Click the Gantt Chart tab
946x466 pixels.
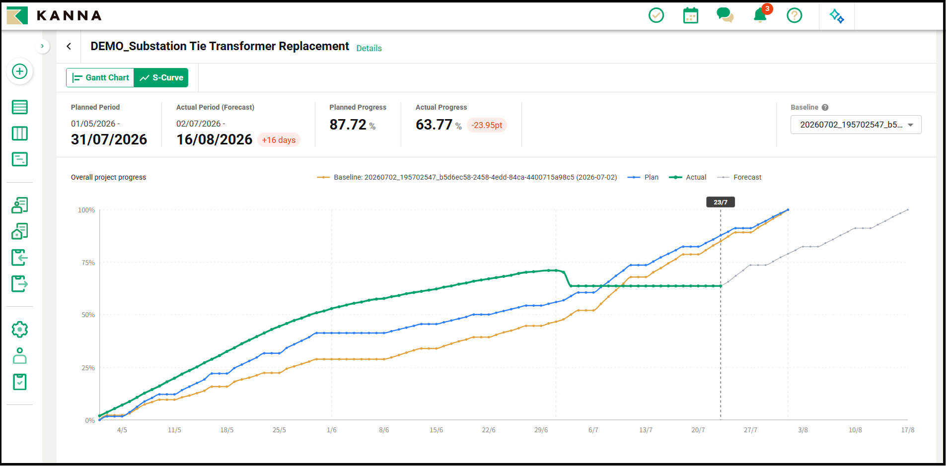click(100, 77)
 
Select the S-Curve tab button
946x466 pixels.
click(161, 77)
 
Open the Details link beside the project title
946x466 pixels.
click(369, 48)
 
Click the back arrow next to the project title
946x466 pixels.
click(69, 46)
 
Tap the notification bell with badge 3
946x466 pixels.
click(760, 15)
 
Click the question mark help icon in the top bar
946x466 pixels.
click(795, 15)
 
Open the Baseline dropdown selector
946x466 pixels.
click(856, 125)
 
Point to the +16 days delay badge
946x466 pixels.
click(279, 140)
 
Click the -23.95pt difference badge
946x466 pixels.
click(487, 125)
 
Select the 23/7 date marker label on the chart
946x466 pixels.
click(721, 202)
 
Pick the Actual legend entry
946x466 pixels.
click(688, 177)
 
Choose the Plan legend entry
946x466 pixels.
click(643, 177)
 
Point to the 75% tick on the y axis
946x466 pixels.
click(88, 263)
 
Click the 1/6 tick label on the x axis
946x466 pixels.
click(332, 430)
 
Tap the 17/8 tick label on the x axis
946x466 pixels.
click(908, 430)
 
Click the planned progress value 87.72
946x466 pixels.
click(348, 125)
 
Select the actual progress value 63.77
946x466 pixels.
click(434, 125)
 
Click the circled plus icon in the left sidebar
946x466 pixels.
click(20, 71)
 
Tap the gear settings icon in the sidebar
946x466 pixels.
click(20, 329)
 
